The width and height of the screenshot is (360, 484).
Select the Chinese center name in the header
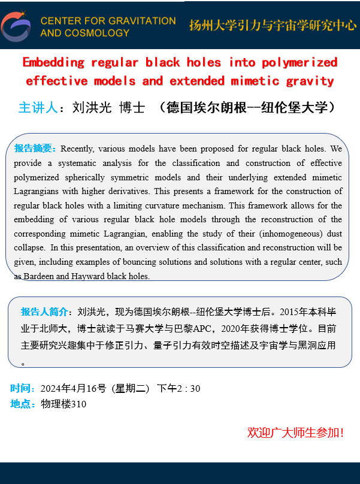273,25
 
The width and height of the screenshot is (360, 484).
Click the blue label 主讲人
38,108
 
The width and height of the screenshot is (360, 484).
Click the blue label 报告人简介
44,311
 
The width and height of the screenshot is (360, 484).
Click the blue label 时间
22,388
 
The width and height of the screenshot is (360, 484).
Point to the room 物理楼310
63,404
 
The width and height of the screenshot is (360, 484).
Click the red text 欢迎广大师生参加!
295,432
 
